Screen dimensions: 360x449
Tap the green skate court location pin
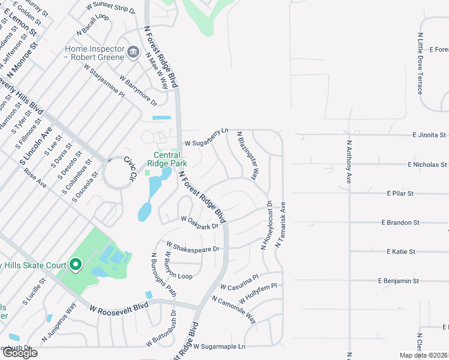(75, 264)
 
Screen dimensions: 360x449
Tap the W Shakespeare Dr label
(193, 247)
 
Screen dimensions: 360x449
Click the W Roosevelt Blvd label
(119, 308)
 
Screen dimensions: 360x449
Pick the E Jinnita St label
(429, 136)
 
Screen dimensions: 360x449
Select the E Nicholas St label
(427, 164)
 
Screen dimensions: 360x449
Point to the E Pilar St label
(400, 193)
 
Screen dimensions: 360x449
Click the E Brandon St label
(400, 223)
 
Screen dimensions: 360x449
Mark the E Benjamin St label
(398, 280)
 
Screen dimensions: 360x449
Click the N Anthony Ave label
(349, 162)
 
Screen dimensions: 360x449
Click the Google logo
(19, 353)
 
